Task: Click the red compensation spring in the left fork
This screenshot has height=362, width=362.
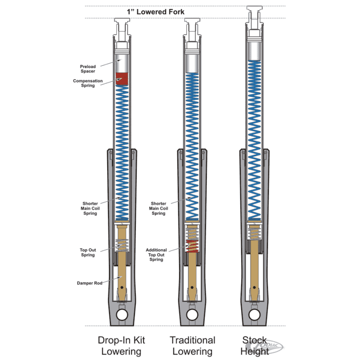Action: (121, 79)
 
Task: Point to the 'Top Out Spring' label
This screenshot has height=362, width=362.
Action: (88, 252)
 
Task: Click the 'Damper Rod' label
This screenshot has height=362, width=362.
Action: (89, 283)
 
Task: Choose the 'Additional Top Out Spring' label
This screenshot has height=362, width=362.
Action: (156, 255)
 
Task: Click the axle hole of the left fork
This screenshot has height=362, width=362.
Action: (121, 314)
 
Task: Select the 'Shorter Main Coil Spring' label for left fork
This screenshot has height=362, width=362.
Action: (90, 208)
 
